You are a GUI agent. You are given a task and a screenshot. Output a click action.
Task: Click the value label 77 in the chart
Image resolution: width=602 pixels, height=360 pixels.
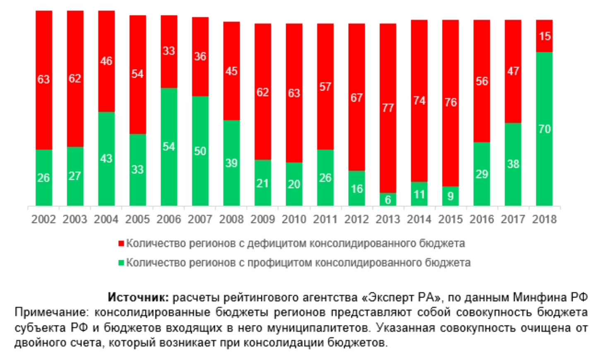click(x=388, y=108)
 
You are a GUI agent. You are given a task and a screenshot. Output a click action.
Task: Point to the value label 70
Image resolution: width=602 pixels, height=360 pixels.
click(x=544, y=129)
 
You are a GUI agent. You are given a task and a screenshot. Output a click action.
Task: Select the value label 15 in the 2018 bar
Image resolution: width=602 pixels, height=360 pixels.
click(x=544, y=36)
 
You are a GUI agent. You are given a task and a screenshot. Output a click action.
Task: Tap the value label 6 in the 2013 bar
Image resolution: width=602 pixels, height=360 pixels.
click(x=388, y=200)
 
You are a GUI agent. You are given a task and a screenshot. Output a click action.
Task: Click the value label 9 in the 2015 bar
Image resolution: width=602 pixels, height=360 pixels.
click(x=450, y=196)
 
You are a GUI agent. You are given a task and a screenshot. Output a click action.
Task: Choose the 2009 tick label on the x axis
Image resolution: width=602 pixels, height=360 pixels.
click(x=262, y=219)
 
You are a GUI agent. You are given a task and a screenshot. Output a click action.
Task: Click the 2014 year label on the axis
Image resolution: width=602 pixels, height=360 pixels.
click(x=419, y=219)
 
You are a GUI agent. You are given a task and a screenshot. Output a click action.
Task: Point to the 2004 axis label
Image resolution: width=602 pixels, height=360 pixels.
click(x=106, y=219)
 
